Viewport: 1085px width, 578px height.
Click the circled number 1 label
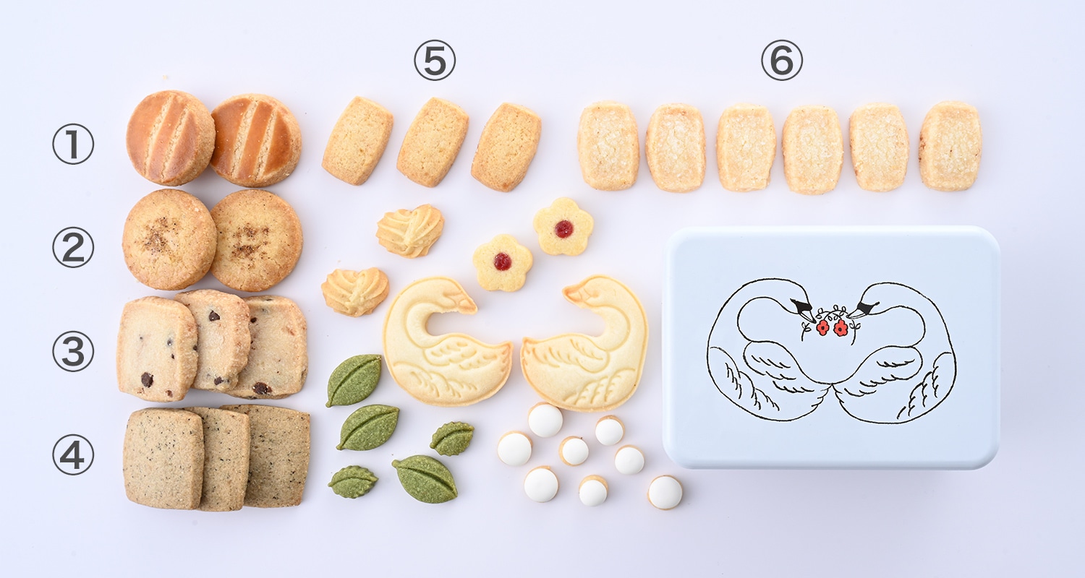pos(73,144)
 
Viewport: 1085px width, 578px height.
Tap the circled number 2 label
pos(73,248)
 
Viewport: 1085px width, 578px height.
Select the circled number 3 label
pos(73,351)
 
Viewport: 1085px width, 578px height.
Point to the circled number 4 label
pos(73,454)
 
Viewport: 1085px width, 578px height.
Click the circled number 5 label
pos(435,60)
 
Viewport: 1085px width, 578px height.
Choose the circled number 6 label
pos(781,60)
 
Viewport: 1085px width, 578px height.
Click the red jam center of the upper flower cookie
pos(563,229)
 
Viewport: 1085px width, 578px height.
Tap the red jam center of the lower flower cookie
pos(503,262)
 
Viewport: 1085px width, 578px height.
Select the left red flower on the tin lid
pos(822,328)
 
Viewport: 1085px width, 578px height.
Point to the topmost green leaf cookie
pos(354,380)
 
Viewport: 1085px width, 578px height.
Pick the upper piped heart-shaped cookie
pos(410,230)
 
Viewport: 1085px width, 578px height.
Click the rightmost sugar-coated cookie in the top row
pos(950,146)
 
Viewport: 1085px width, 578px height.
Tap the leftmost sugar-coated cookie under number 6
pos(608,145)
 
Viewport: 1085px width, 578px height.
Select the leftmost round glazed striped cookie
pos(171,138)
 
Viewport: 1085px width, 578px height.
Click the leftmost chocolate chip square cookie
pos(157,349)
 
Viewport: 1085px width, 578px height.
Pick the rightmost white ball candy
pos(665,493)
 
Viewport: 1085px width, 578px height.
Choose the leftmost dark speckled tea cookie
pos(163,459)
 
